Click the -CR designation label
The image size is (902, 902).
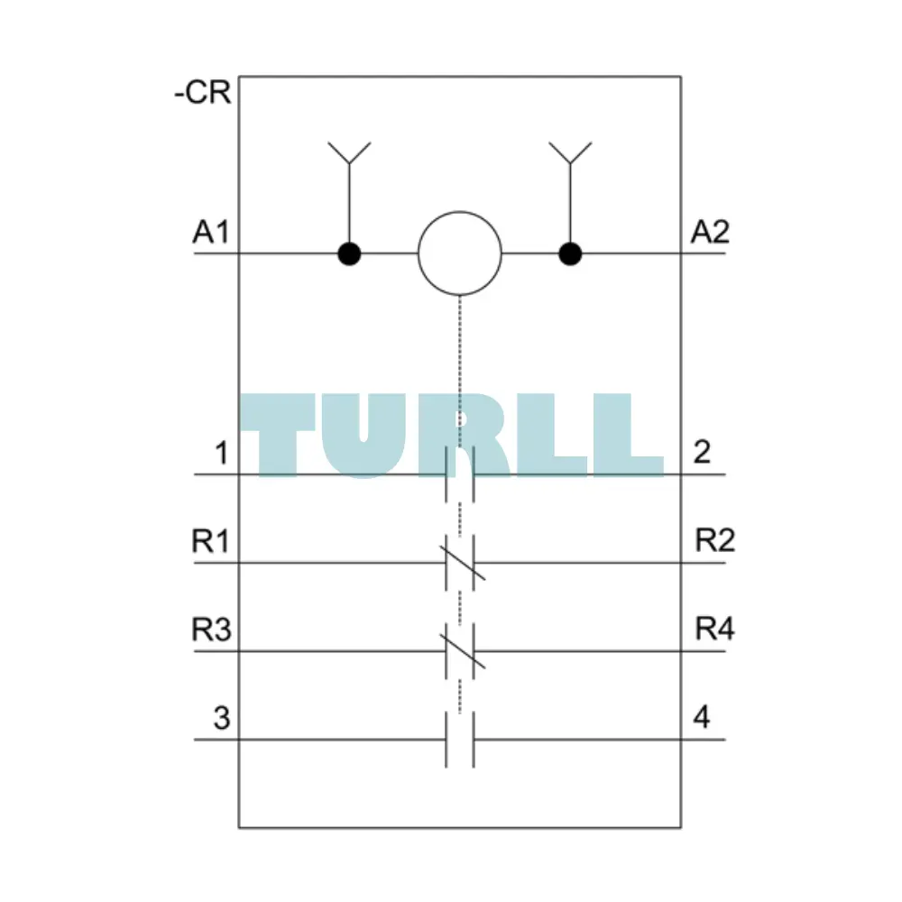[202, 93]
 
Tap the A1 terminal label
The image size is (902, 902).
[211, 233]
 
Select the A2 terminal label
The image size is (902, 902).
[710, 233]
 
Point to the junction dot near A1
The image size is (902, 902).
[349, 253]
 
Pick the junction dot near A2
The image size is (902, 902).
[570, 253]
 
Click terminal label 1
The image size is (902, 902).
[222, 453]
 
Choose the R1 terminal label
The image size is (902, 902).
[210, 540]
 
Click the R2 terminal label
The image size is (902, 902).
[715, 540]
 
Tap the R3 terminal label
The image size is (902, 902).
[211, 629]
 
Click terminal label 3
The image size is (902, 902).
[222, 718]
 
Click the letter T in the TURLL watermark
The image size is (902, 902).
[278, 435]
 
